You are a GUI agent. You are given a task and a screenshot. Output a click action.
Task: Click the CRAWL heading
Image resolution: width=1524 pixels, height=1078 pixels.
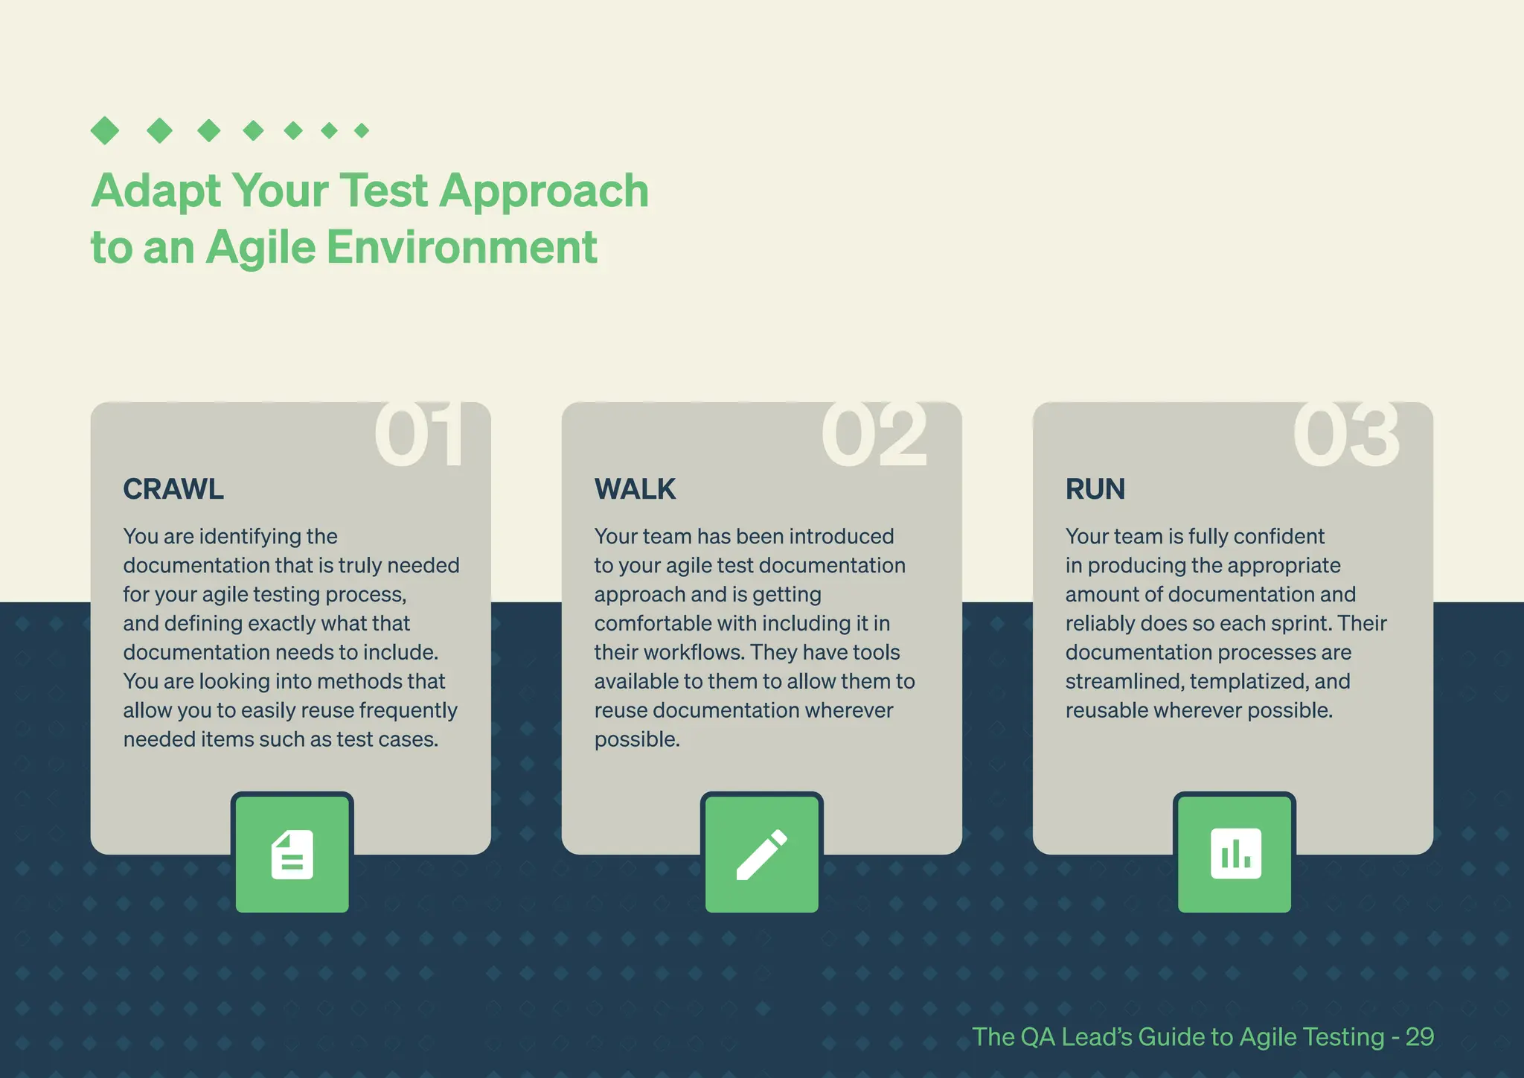(173, 489)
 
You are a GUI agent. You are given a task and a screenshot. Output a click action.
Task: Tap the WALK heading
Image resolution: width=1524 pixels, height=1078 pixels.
(635, 489)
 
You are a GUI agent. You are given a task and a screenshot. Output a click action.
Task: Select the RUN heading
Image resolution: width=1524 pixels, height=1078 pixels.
(1095, 489)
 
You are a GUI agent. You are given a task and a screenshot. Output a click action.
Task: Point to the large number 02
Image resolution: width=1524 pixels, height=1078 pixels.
(874, 435)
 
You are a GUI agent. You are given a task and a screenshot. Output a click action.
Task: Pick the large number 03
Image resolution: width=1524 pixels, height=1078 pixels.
(1345, 435)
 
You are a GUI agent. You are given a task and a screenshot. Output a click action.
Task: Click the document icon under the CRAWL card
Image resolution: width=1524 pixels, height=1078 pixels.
(292, 855)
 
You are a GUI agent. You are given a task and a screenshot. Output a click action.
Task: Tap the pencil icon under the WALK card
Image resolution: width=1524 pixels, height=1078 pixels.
(761, 855)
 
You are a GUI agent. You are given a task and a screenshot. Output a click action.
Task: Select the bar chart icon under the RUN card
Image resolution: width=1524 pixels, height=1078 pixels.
(1235, 854)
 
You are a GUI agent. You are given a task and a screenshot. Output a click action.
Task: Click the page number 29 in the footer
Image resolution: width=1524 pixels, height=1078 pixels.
(1419, 1037)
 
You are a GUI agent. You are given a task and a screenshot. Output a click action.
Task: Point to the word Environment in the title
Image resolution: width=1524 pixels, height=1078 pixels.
(461, 247)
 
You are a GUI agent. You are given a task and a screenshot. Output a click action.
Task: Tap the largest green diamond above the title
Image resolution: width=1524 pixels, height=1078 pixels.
(105, 131)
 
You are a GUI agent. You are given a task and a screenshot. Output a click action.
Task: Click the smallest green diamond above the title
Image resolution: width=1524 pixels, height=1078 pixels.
(362, 131)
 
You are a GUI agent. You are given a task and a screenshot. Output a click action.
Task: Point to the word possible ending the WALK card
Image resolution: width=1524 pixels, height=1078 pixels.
(636, 739)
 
